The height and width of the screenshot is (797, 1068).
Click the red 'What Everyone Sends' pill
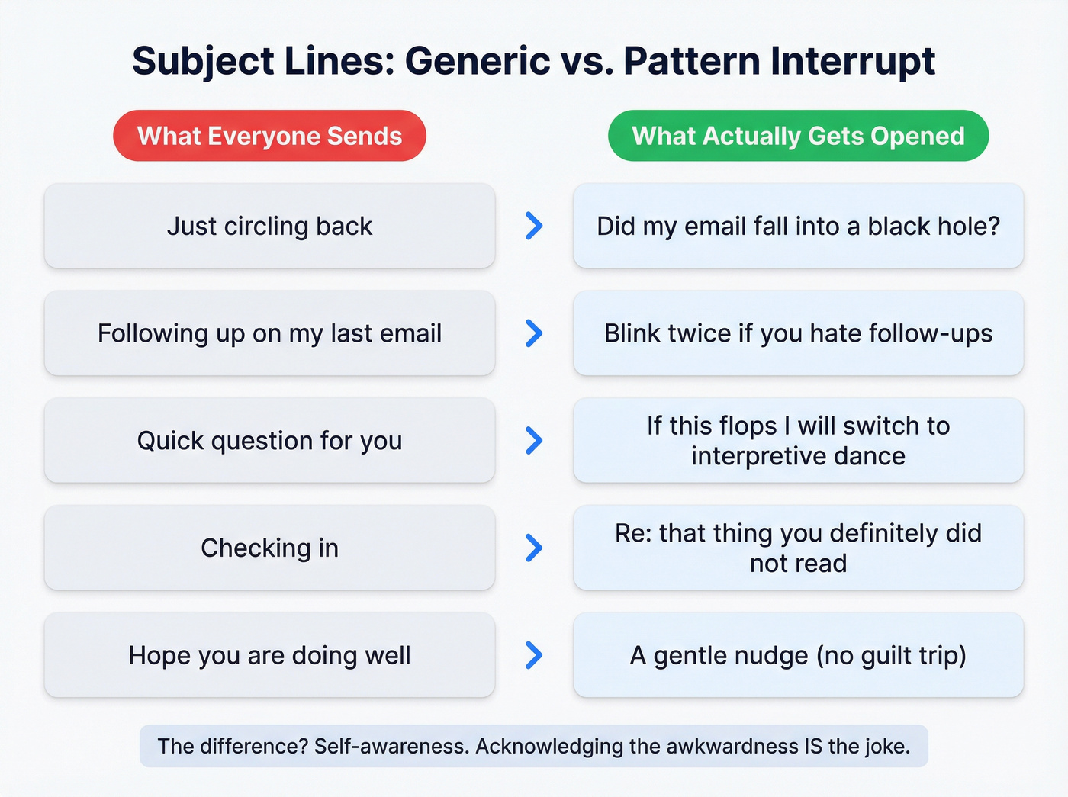269,136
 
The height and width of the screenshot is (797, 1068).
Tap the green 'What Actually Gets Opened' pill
798,136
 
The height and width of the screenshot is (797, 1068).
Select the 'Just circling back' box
269,226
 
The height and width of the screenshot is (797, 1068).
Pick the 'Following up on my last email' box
269,333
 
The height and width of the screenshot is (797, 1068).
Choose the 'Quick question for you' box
269,440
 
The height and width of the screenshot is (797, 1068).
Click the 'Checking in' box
269,548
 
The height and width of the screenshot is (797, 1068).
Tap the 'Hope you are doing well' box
269,655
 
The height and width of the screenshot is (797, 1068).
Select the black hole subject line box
798,226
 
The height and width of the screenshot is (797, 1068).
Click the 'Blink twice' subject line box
798,333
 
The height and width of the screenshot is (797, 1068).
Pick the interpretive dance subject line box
798,440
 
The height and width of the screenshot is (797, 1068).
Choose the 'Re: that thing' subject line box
798,548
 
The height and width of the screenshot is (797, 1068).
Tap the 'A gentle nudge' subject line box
798,655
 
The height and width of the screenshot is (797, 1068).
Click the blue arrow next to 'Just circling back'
534,226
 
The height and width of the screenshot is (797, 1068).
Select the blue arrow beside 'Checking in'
534,548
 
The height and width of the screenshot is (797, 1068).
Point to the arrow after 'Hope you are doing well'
534,655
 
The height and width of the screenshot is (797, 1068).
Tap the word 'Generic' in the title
477,61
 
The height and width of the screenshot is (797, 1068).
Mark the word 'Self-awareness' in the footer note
391,746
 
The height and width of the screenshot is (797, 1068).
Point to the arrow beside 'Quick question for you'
534,440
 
